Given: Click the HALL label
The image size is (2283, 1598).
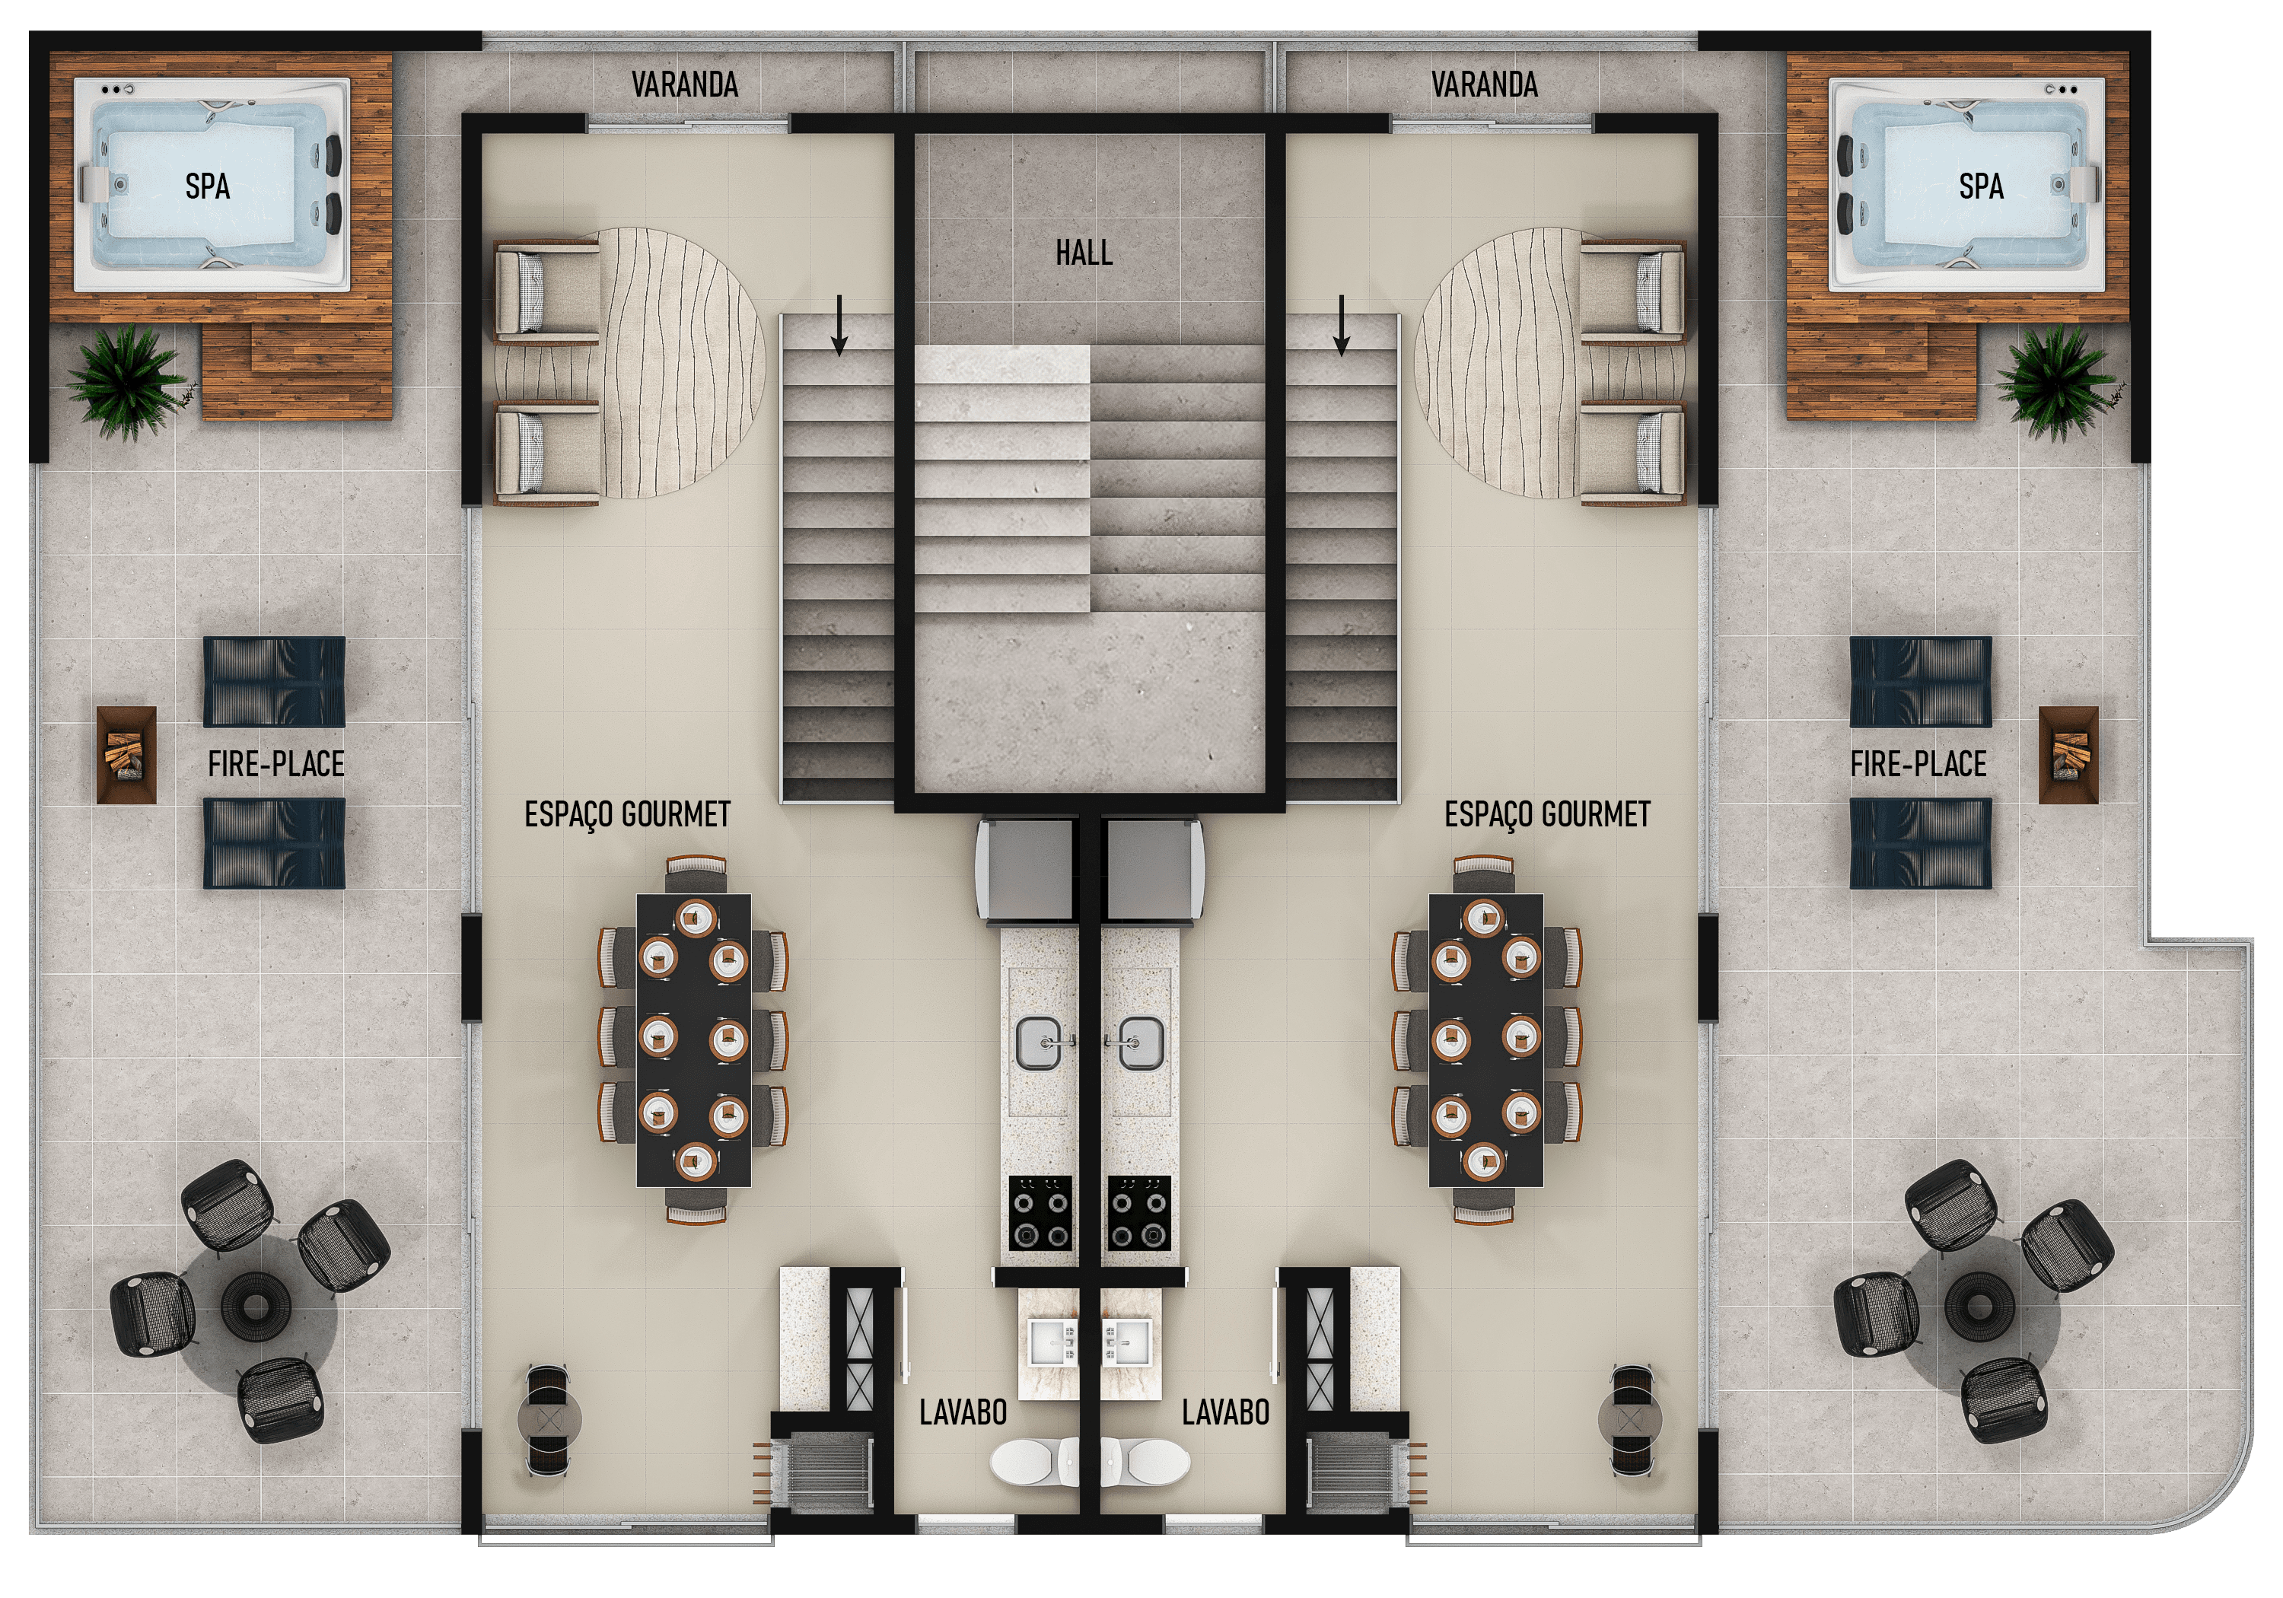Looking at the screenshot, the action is tap(1084, 253).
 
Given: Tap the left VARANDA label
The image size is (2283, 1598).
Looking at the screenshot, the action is tap(684, 84).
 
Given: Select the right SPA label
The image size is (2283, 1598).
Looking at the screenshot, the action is tap(1981, 186).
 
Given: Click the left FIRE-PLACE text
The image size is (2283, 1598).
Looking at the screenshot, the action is tap(276, 764).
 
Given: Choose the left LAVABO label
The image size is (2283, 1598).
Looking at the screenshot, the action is tap(963, 1412).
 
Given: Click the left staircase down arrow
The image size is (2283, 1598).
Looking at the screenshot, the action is tap(839, 325).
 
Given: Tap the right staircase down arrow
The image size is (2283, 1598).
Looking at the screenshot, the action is tap(1342, 325).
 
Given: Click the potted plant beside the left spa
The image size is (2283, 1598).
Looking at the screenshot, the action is tap(126, 383).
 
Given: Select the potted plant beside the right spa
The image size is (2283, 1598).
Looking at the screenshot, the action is tap(2056, 383).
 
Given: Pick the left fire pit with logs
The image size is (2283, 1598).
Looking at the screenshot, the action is tap(126, 755).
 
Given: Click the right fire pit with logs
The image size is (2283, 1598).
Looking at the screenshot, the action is tap(2068, 755).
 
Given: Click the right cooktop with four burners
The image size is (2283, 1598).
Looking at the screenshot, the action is tap(1139, 1213).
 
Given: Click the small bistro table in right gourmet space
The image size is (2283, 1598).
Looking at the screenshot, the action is tap(1631, 1419).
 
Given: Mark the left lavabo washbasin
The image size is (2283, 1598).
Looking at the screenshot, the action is tap(1052, 1342).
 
